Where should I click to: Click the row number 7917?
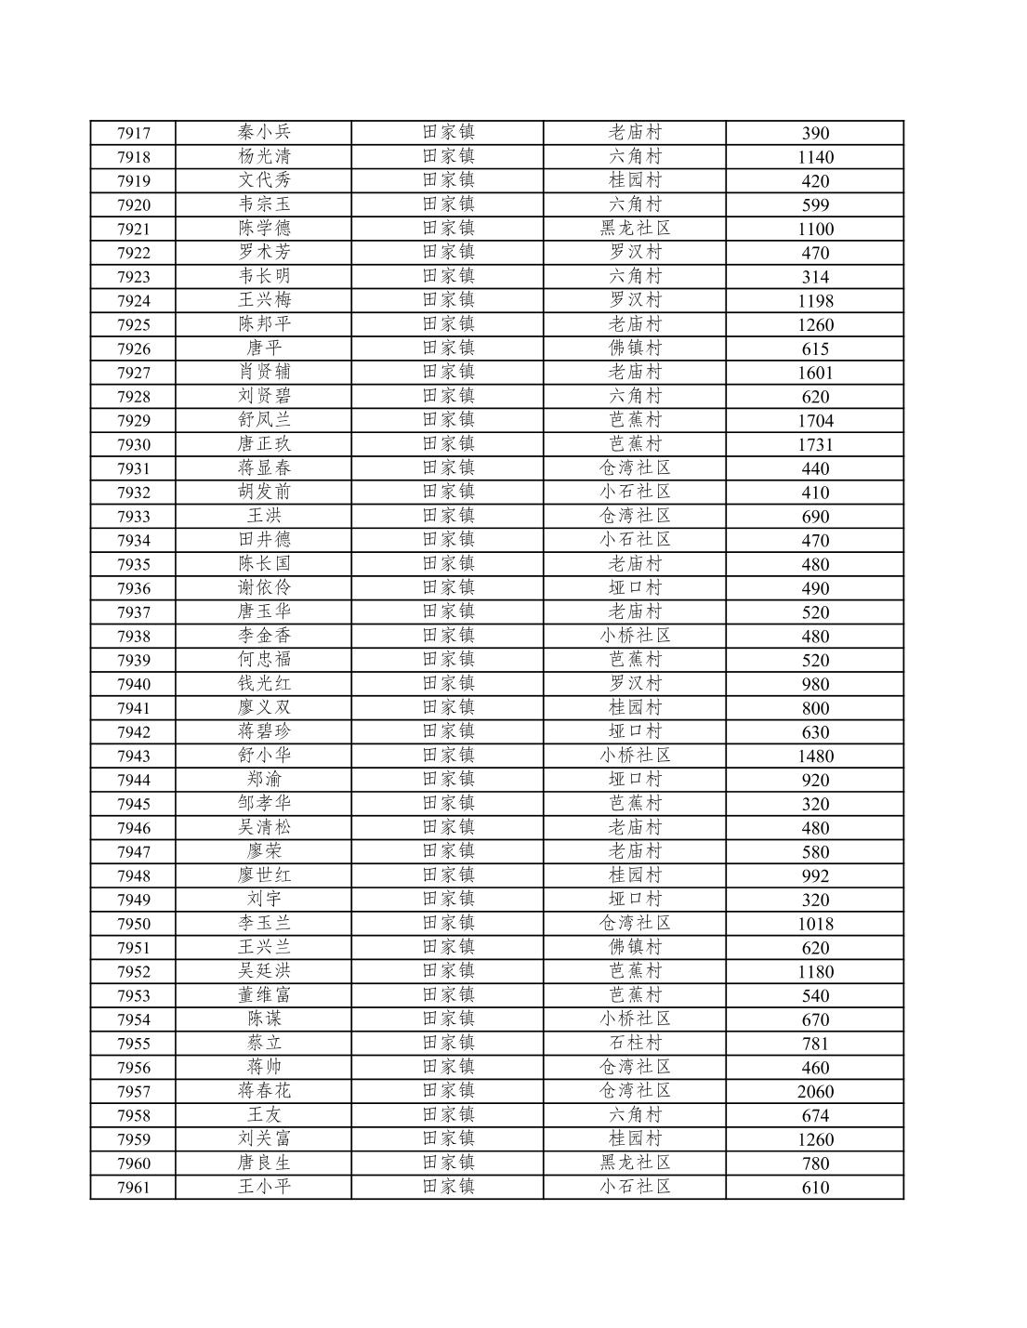coord(133,133)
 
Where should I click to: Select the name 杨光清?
coord(264,156)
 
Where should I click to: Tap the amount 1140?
coord(815,157)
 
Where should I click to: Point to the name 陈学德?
coord(264,228)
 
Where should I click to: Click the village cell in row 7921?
coord(635,228)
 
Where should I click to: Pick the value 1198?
coord(815,301)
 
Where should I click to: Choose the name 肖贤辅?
coord(264,372)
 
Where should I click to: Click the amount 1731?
coord(815,445)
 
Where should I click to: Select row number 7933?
coord(133,517)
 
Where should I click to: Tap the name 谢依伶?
coord(264,587)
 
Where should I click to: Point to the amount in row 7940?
coord(815,685)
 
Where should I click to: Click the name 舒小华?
coord(264,756)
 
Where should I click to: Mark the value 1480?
coord(815,756)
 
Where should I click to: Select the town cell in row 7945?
coord(448,803)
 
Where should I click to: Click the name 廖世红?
coord(264,875)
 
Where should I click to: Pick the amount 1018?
coord(815,924)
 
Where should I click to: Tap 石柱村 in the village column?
coord(635,1043)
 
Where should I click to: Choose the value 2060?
coord(815,1092)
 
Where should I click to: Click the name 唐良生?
coord(264,1163)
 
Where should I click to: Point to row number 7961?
coord(133,1188)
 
